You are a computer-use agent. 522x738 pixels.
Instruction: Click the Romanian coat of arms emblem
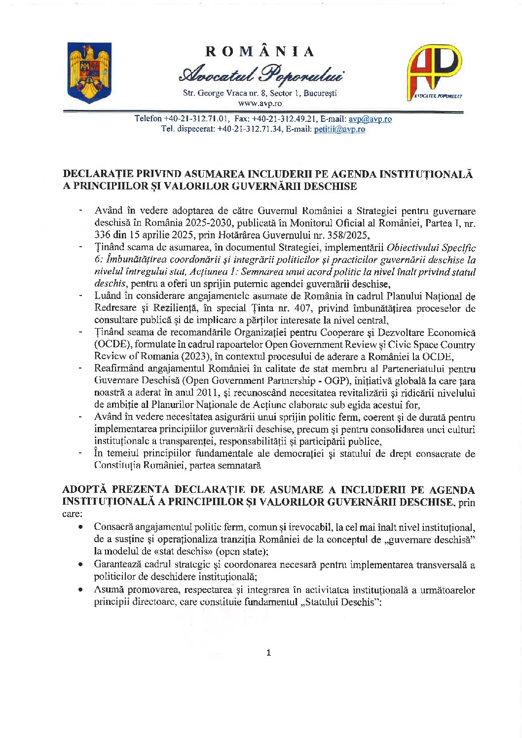point(89,73)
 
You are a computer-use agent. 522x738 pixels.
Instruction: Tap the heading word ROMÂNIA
point(260,51)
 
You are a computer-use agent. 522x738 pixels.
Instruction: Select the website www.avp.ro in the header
point(260,104)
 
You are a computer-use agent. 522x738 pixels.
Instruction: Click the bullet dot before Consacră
point(80,527)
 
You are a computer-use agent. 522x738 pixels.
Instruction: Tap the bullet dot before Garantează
point(80,565)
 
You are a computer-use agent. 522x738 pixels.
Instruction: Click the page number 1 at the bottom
point(268,653)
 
